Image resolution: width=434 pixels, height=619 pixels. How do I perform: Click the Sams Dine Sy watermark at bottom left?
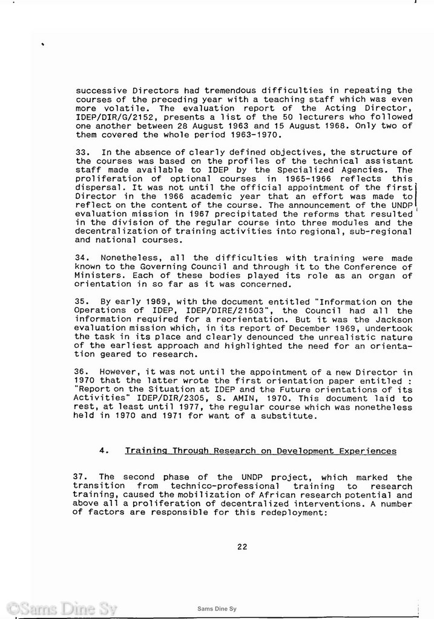61,608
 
